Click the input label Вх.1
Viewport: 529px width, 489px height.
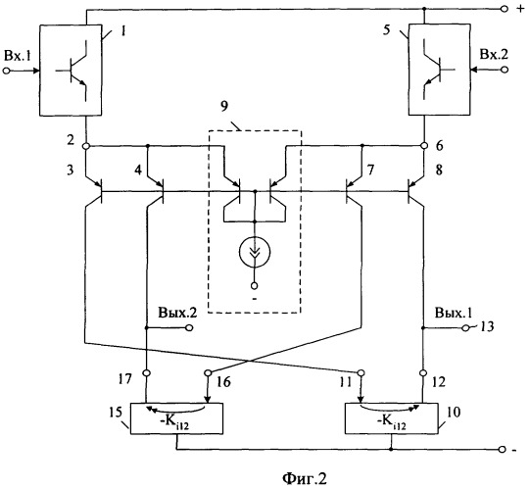[17, 56]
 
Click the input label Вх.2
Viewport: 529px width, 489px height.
[494, 54]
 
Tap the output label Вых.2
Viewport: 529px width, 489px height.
[177, 313]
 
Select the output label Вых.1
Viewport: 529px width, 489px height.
[454, 313]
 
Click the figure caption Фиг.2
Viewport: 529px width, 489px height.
[305, 478]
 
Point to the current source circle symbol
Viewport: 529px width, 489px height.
[255, 251]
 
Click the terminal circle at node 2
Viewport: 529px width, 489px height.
[86, 146]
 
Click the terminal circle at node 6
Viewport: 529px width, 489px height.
[424, 146]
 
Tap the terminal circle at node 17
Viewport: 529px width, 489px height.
[146, 373]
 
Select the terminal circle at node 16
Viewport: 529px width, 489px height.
[208, 373]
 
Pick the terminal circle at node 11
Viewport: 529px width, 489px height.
[361, 372]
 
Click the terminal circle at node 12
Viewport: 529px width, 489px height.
[423, 373]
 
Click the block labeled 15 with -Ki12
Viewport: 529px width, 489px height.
[176, 418]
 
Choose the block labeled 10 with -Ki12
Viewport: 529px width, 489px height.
[391, 417]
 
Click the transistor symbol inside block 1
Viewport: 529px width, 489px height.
[73, 71]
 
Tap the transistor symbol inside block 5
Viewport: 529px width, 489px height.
[437, 70]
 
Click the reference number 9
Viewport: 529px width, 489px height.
[224, 106]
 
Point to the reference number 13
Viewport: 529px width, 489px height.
[486, 326]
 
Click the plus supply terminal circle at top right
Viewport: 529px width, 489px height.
[505, 9]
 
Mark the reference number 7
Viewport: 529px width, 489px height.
[370, 170]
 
